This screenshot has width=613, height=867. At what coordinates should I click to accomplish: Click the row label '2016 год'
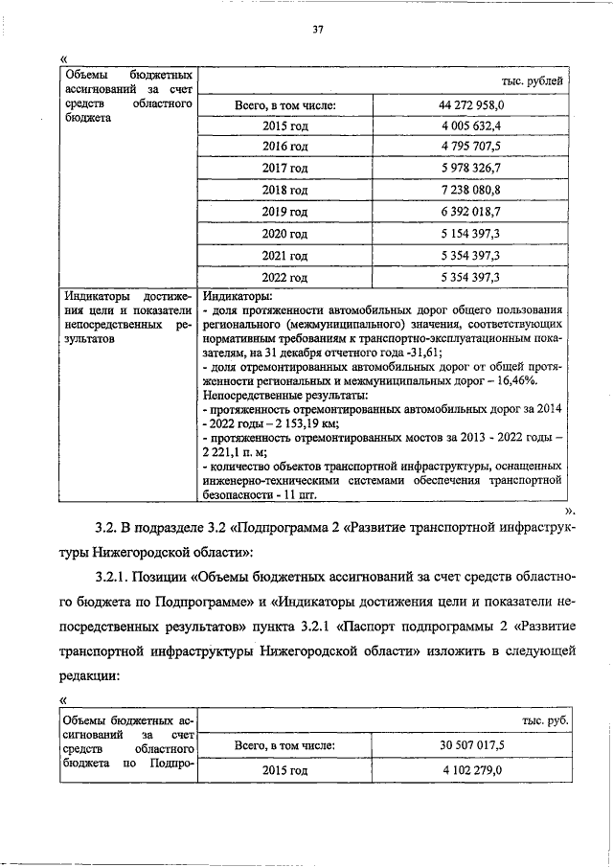[284, 147]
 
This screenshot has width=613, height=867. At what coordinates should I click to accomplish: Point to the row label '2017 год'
[284, 168]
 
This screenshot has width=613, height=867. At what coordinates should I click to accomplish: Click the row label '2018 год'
[284, 190]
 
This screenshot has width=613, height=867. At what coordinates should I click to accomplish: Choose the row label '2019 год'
[284, 212]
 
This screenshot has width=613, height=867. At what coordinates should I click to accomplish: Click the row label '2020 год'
[284, 234]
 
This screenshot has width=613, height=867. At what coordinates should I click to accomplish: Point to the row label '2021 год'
[284, 256]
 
